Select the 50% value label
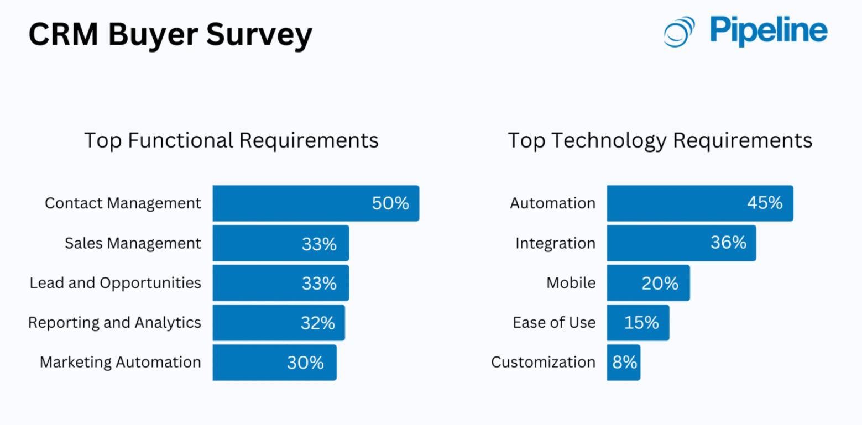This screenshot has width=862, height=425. point(390,203)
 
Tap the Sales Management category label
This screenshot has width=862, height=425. point(133,243)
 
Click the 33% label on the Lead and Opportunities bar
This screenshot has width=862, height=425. point(319,283)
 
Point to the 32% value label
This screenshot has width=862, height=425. point(317,323)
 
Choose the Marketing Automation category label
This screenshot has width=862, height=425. point(120,363)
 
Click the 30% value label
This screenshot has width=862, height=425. point(305,363)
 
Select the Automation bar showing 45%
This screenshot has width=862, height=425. point(675,203)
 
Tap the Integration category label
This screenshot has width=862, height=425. point(555,243)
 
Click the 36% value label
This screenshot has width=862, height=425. point(728,243)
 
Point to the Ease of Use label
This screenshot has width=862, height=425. point(554,323)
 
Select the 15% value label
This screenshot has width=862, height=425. point(641,323)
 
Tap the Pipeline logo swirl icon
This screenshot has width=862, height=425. point(679,32)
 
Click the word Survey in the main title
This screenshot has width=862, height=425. point(259,34)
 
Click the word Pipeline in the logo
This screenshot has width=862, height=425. point(769,31)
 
